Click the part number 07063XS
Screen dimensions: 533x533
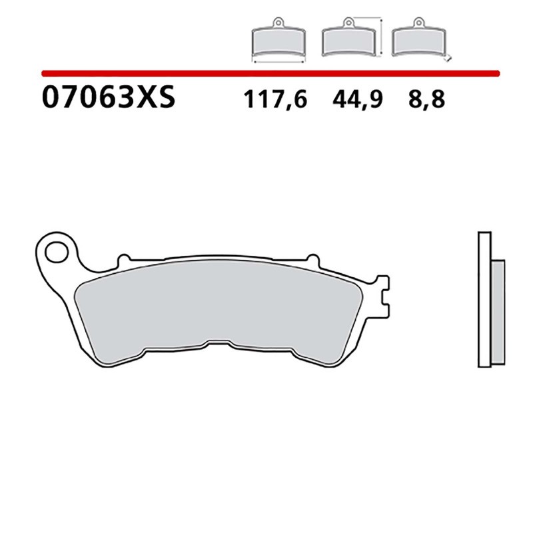tap(109, 99)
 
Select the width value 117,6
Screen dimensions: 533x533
tap(274, 100)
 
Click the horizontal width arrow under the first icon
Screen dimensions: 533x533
tap(278, 61)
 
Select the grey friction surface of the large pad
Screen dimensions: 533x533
tap(220, 306)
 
